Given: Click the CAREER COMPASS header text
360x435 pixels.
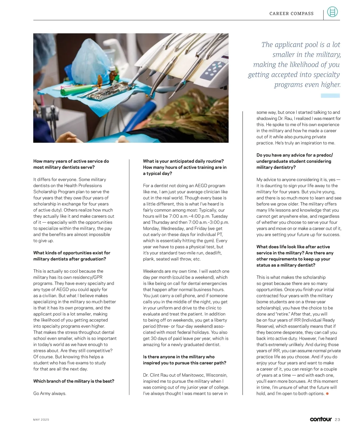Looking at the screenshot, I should click(x=291, y=13).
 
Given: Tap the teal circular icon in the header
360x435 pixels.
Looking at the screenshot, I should click(x=332, y=12).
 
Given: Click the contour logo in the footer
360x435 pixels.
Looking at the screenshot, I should click(x=321, y=419).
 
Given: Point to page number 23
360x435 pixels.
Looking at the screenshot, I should click(x=337, y=419).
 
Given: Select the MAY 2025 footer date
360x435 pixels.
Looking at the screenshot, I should click(x=41, y=419).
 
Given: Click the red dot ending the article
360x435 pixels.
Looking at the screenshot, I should click(x=327, y=393).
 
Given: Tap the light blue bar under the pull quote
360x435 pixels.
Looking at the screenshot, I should click(x=330, y=95).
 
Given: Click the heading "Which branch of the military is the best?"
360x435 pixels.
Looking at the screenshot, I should click(x=74, y=381).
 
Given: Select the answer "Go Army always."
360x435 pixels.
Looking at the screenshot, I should click(x=50, y=393).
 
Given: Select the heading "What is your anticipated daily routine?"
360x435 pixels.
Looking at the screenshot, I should click(x=183, y=161).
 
